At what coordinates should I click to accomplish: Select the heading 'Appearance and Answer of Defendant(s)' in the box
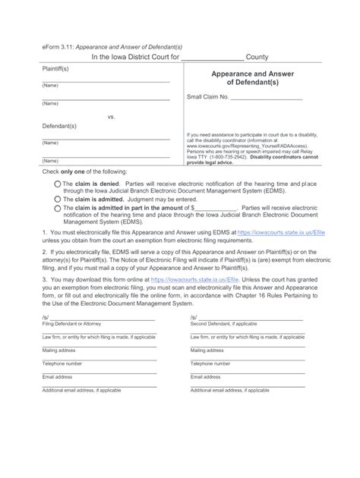(x=250, y=79)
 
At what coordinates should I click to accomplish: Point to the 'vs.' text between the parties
(x=109, y=116)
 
